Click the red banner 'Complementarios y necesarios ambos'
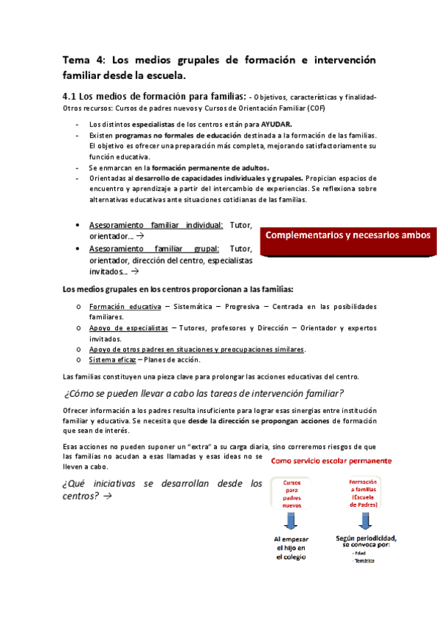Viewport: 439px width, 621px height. tap(349, 236)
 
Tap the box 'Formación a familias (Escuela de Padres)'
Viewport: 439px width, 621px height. tap(364, 494)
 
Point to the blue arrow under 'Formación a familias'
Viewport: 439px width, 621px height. tap(364, 521)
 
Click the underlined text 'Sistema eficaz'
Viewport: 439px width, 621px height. tap(111, 359)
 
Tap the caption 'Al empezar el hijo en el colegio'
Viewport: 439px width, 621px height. tap(292, 548)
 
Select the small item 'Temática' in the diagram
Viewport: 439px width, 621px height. tap(363, 561)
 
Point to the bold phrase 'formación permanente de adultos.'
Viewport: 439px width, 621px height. tap(210, 167)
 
